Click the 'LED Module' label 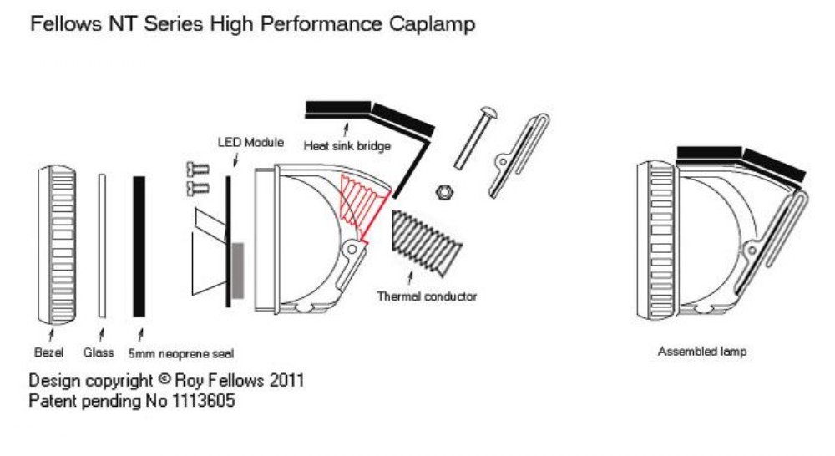click(x=250, y=142)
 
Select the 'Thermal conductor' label click(x=427, y=296)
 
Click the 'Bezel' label click(x=49, y=352)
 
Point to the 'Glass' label click(x=99, y=352)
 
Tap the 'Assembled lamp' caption click(x=701, y=352)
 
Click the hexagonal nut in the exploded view click(x=443, y=192)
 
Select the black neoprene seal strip click(x=139, y=246)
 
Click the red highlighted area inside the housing click(x=363, y=205)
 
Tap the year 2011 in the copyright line click(x=285, y=381)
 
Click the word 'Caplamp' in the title click(x=433, y=24)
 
